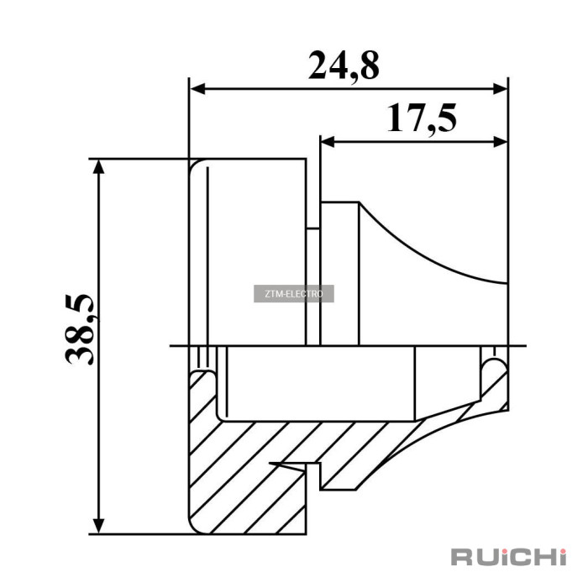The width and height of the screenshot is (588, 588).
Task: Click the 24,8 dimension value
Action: pyautogui.click(x=344, y=66)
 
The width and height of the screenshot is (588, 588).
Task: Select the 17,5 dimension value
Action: pyautogui.click(x=422, y=118)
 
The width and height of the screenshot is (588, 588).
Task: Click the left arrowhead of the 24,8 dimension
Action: pyautogui.click(x=198, y=89)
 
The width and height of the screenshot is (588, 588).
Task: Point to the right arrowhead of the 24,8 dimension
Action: pyautogui.click(x=500, y=89)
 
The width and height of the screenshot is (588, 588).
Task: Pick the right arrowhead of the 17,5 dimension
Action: pyautogui.click(x=500, y=142)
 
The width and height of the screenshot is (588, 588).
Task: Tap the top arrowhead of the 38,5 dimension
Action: pyautogui.click(x=98, y=167)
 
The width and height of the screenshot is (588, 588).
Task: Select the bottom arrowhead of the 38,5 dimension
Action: pyautogui.click(x=98, y=526)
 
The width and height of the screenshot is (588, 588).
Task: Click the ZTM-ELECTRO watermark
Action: pyautogui.click(x=294, y=294)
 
